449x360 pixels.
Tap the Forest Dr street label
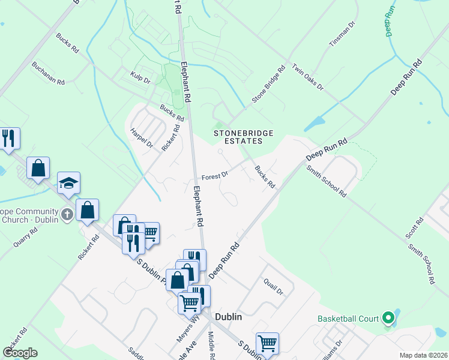(x=215, y=176)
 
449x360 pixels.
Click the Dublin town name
(x=229, y=317)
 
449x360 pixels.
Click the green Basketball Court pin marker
(x=388, y=317)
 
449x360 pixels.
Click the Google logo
(x=20, y=353)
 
